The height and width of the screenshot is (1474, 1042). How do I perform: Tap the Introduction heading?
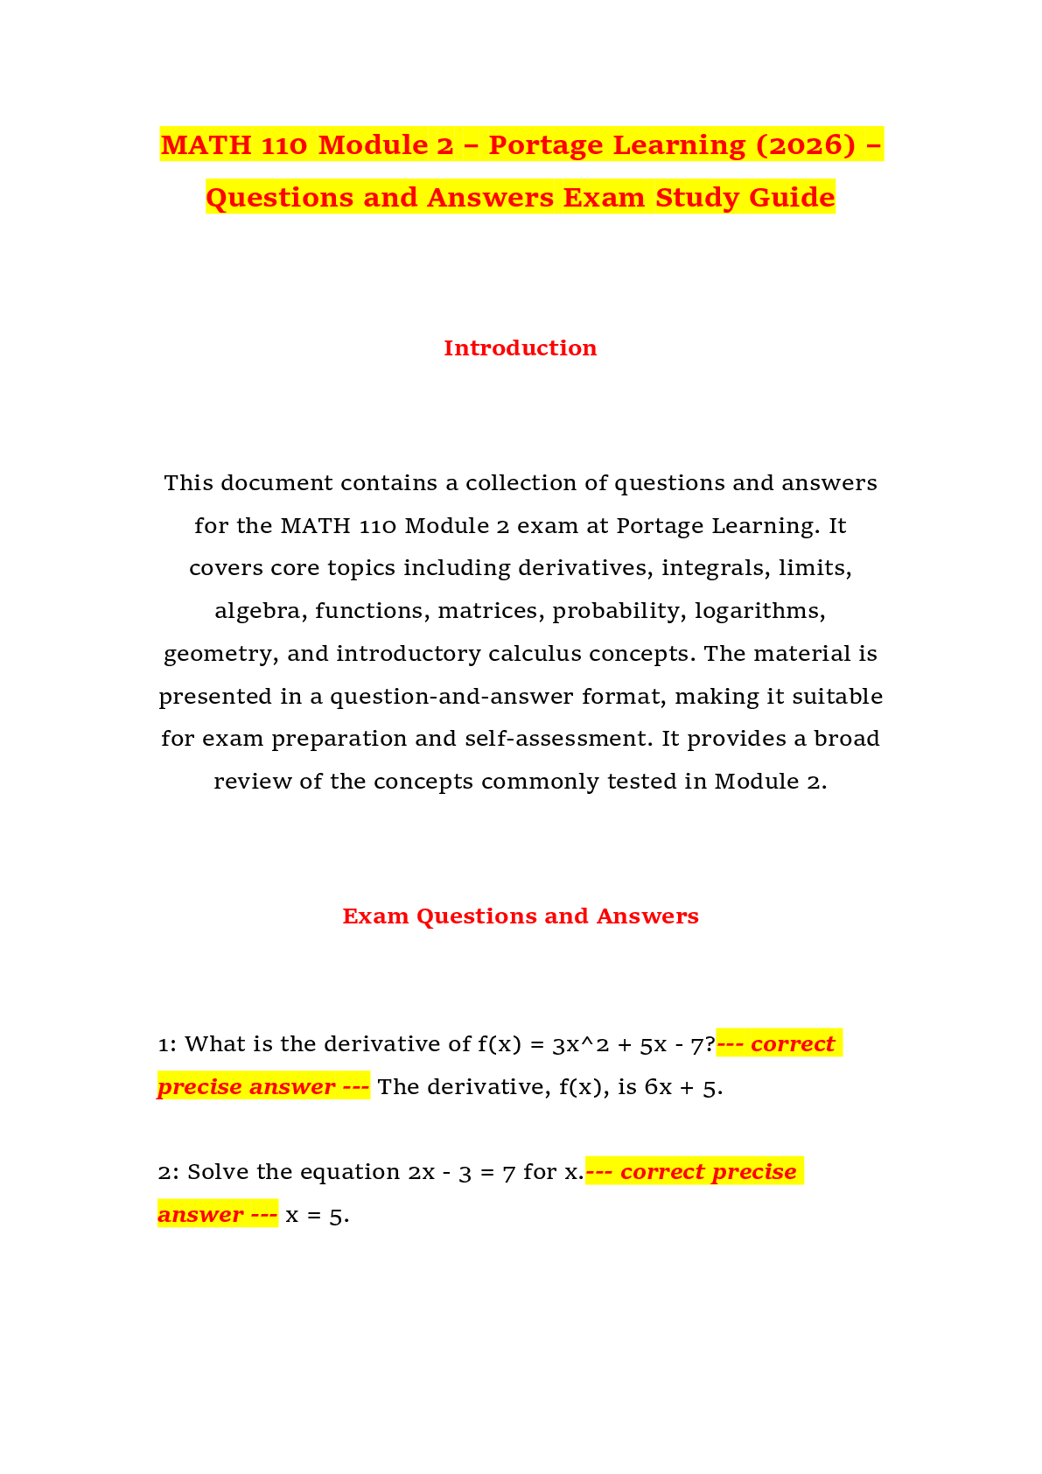tap(521, 348)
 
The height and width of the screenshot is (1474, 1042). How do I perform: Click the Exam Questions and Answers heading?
tap(521, 916)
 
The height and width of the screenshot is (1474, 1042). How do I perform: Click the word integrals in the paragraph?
tap(716, 569)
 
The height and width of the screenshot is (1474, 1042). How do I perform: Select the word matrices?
tap(492, 611)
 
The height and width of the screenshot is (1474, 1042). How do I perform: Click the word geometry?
tap(221, 655)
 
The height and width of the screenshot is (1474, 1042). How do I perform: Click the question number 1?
tap(167, 1044)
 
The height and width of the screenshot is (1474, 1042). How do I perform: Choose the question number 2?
tap(168, 1172)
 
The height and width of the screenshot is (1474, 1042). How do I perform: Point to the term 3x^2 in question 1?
tap(580, 1045)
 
